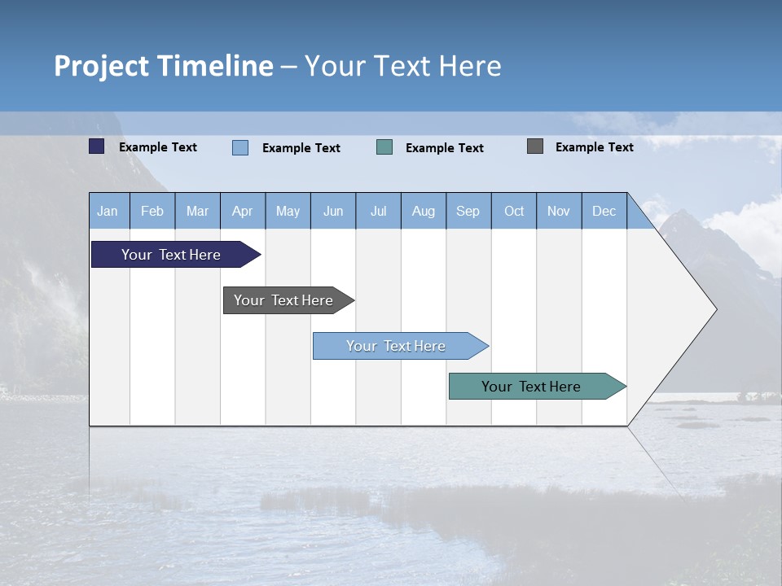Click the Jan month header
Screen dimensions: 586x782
[x=108, y=211]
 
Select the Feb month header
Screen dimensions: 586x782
[x=152, y=211]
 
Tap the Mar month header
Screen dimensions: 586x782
[x=197, y=211]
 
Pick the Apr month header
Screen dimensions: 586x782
[x=242, y=211]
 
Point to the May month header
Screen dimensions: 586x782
[x=288, y=211]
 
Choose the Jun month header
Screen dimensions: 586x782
[x=333, y=211]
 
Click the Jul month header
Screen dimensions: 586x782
[x=378, y=211]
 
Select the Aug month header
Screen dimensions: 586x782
[x=424, y=211]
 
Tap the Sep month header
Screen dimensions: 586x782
[x=468, y=211]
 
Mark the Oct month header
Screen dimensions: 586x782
[x=514, y=211]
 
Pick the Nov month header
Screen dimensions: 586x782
[x=559, y=211]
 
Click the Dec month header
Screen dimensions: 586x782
[x=604, y=211]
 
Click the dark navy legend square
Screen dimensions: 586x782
[x=97, y=146]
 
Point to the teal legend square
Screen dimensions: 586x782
[x=384, y=147]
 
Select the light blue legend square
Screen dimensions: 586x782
[x=240, y=147]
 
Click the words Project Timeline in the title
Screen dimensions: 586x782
[x=164, y=66]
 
